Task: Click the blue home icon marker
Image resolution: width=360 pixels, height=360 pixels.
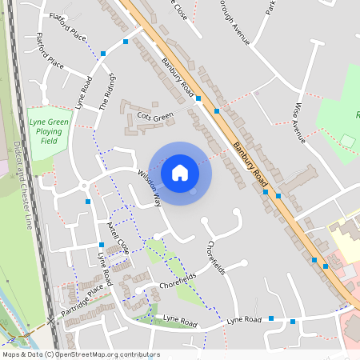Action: coord(180,172)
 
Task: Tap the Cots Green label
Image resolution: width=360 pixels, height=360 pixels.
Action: coord(154,117)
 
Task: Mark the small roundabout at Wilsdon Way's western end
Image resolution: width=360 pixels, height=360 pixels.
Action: coord(84,186)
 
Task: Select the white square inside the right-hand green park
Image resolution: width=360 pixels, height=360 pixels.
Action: coord(347,141)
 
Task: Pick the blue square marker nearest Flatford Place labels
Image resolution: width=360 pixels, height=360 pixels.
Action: coord(126,42)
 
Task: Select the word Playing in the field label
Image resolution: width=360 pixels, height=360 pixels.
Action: coord(50,130)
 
